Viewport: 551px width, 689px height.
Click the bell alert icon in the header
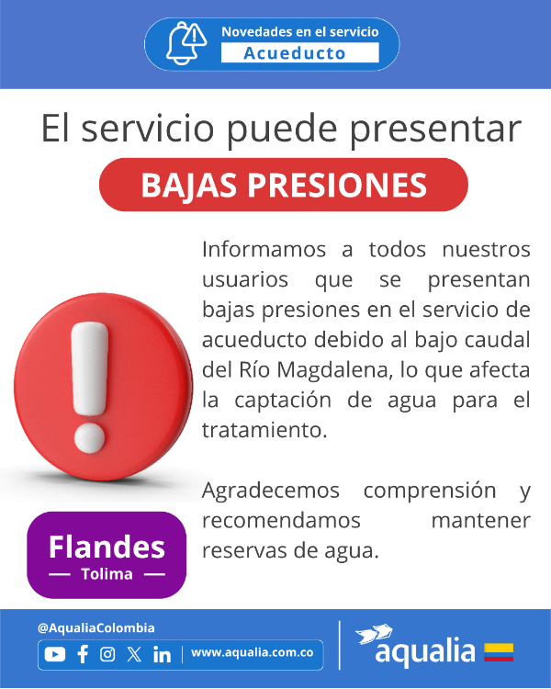point(186,43)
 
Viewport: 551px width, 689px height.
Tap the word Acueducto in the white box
point(295,53)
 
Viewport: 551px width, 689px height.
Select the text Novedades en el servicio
point(300,31)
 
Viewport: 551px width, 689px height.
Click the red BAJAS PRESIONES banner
point(284,185)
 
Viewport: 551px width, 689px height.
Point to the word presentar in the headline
point(435,129)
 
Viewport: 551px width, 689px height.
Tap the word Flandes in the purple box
point(107,548)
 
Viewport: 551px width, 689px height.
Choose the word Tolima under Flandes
point(107,574)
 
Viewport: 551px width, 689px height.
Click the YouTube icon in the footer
point(55,655)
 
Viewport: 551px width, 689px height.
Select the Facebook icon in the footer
point(83,654)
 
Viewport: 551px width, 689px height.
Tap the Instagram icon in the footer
point(107,654)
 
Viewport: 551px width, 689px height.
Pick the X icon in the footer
point(134,654)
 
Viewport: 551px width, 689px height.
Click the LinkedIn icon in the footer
point(163,654)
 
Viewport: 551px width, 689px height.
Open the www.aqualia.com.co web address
point(253,652)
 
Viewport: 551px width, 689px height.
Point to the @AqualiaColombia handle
point(96,628)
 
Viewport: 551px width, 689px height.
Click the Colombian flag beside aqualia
point(499,652)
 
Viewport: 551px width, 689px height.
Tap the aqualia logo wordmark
point(425,651)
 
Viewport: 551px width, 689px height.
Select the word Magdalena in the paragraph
point(333,370)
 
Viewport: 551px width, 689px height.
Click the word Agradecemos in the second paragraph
point(271,491)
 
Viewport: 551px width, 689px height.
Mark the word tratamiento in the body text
point(264,430)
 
